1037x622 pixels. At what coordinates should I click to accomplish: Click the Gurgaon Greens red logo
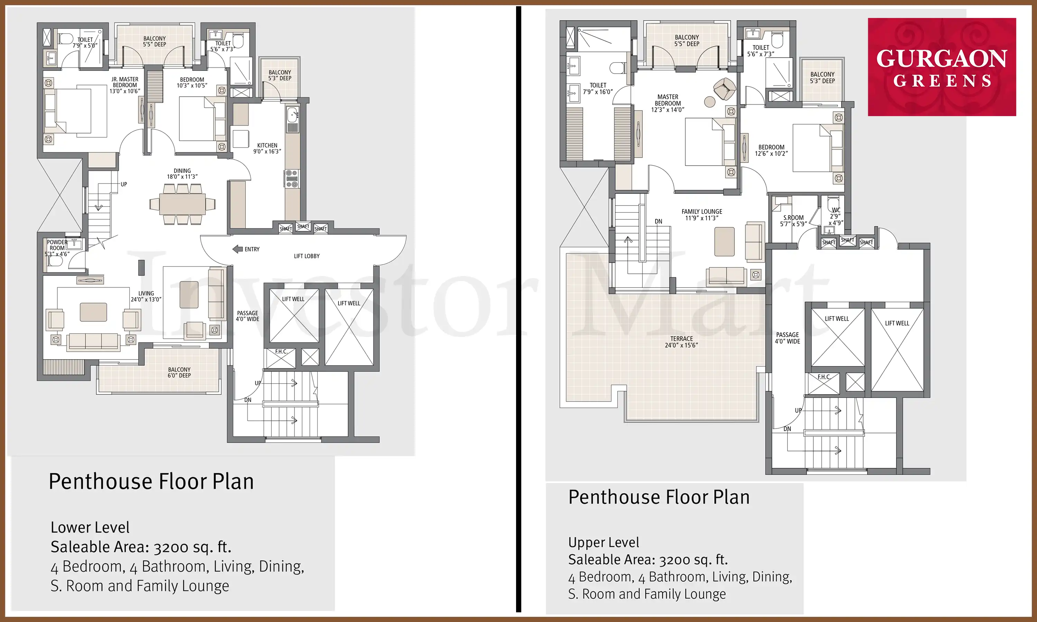[942, 67]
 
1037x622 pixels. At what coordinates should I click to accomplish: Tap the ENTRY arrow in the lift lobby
[238, 249]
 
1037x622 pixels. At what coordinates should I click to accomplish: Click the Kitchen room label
[267, 148]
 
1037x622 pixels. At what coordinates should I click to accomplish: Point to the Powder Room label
[57, 248]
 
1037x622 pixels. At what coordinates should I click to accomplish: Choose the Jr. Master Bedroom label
[125, 85]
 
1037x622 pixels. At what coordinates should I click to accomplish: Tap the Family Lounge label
[702, 215]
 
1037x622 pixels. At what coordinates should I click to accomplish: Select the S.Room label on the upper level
[793, 221]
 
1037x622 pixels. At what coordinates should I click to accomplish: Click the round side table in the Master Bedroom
[710, 102]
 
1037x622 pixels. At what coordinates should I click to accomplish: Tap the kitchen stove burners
[292, 179]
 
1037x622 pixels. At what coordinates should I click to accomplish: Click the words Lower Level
[90, 527]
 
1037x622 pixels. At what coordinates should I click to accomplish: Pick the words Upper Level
[604, 543]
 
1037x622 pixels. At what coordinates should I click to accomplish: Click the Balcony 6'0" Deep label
[179, 373]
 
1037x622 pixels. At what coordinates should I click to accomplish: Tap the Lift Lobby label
[307, 256]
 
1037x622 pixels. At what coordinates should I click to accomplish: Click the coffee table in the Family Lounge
[724, 242]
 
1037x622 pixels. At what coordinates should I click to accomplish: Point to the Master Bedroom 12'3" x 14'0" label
[668, 103]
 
